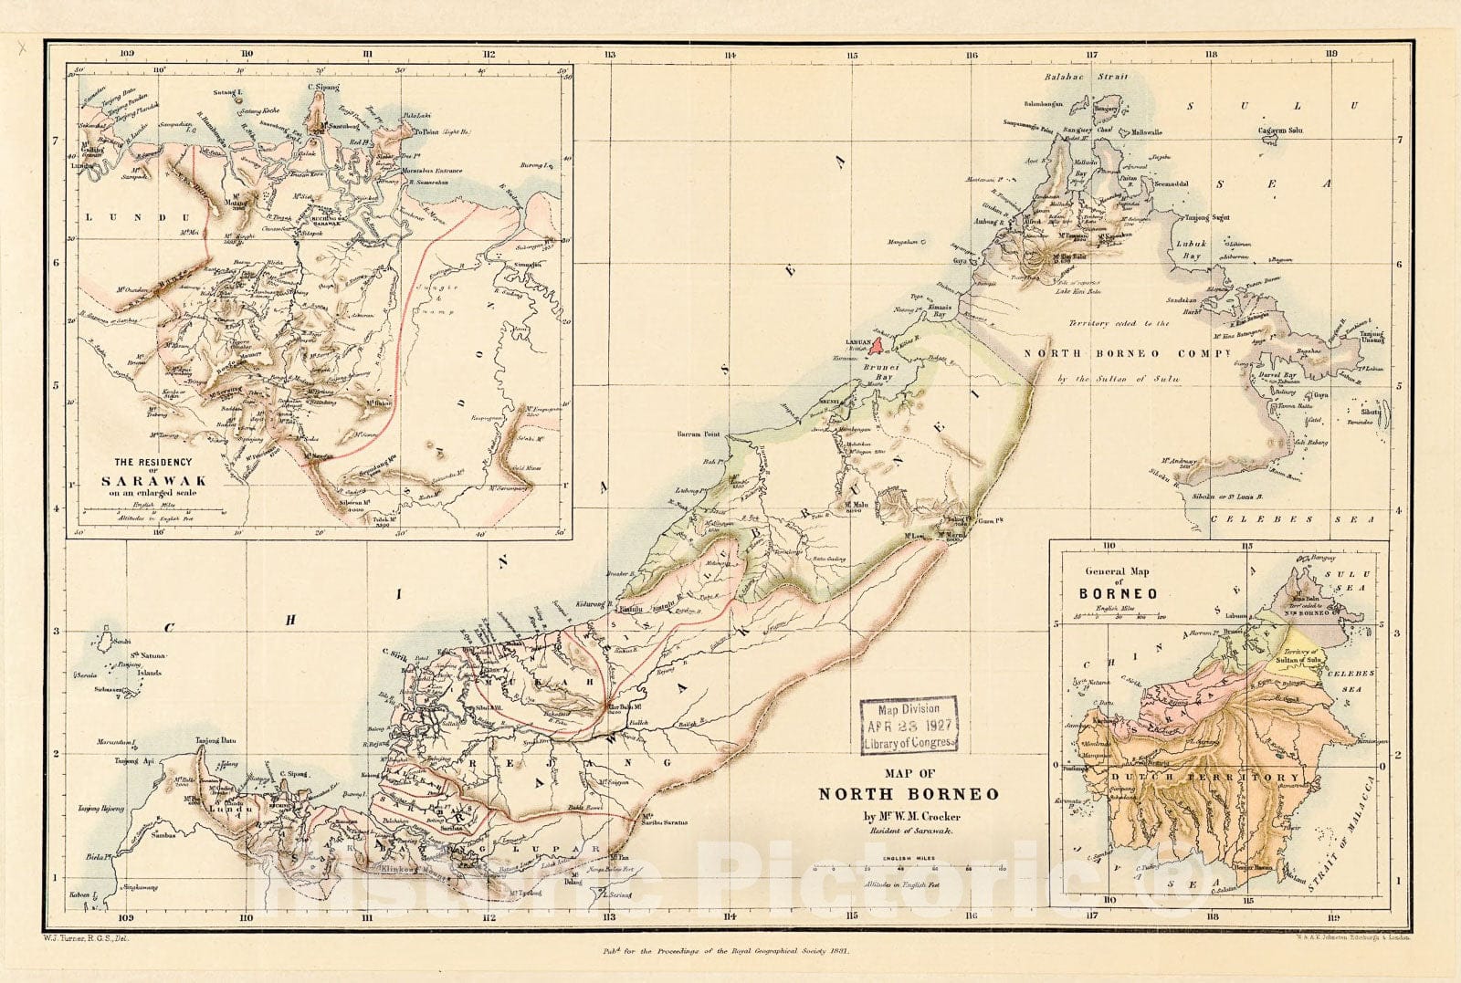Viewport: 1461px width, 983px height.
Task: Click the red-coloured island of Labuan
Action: tap(877, 345)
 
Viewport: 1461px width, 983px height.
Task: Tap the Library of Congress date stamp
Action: tap(909, 726)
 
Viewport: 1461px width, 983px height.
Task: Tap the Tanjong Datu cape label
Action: tap(215, 741)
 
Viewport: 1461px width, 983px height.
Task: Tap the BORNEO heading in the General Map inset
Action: tap(1118, 593)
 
